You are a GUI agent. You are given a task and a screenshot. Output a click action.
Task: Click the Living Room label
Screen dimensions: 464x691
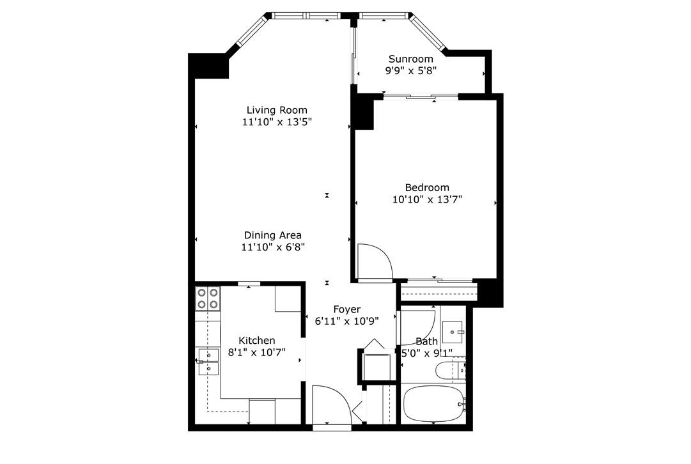coord(277,110)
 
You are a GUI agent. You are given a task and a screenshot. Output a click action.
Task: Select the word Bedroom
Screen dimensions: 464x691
coord(426,187)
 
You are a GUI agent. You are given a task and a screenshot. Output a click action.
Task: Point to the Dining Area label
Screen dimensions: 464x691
coord(272,235)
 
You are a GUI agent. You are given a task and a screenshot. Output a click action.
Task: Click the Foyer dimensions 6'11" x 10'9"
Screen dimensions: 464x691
coord(346,321)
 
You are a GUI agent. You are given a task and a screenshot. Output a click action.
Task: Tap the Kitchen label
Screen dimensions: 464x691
coord(257,340)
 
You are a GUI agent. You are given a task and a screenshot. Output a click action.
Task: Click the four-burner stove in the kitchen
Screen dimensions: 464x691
coord(207,298)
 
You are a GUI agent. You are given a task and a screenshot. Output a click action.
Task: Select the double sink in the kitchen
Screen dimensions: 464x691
coord(208,362)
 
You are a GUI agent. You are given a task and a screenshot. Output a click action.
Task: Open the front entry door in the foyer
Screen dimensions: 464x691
coord(331,406)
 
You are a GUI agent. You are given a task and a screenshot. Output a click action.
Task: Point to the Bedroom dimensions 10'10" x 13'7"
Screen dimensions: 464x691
coord(426,199)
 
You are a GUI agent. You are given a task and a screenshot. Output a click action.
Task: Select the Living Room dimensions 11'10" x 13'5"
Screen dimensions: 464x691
coord(277,122)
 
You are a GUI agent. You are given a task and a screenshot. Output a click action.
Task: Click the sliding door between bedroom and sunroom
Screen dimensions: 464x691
coord(420,97)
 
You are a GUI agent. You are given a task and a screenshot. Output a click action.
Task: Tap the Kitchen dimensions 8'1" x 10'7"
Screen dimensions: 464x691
coord(257,352)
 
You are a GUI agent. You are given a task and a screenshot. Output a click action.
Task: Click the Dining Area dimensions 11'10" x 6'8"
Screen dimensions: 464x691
coord(272,247)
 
